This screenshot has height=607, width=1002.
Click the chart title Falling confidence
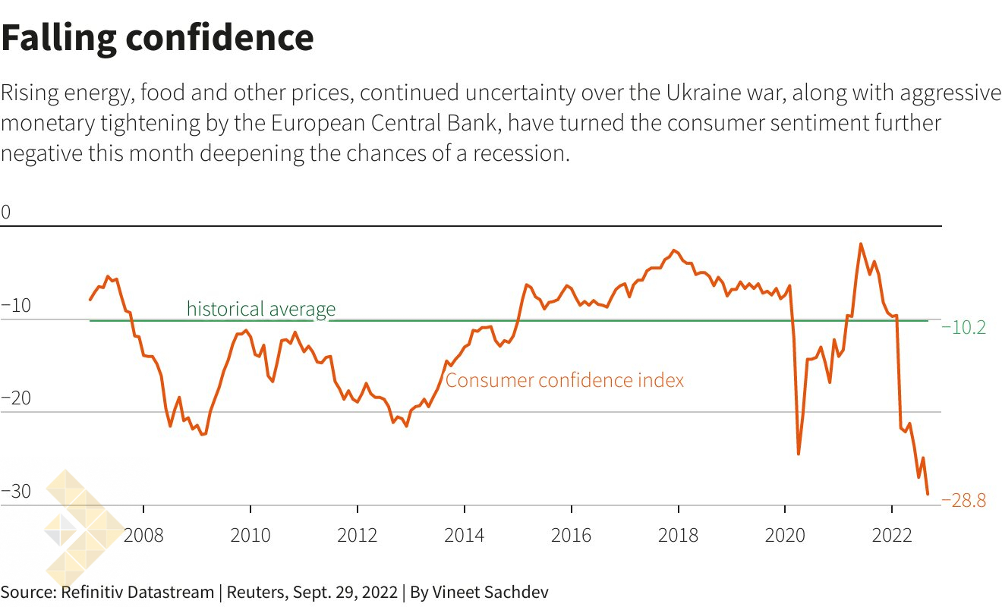click(x=157, y=37)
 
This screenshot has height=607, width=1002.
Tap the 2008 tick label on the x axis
click(x=143, y=536)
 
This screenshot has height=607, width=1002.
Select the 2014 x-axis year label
click(x=464, y=536)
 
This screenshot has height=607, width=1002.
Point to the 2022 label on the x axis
click(x=892, y=536)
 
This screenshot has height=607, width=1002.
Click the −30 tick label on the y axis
click(x=16, y=492)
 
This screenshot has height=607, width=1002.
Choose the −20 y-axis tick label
click(x=16, y=399)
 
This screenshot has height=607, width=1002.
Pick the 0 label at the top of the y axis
click(x=6, y=212)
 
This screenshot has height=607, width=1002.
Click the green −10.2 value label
click(x=964, y=328)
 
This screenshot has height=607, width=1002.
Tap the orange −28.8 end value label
click(x=964, y=501)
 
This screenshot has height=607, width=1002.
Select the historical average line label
click(x=260, y=309)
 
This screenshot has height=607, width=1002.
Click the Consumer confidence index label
click(x=564, y=380)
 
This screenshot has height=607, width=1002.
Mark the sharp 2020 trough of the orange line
click(x=799, y=454)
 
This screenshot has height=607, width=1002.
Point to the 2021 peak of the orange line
click(x=860, y=244)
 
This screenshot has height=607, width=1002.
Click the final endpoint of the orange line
click(x=928, y=494)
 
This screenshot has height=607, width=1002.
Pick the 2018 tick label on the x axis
click(x=678, y=536)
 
